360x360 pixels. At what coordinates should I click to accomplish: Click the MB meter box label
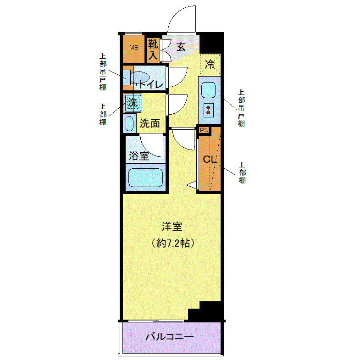(x=134, y=48)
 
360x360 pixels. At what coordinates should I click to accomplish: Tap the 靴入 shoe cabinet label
(x=153, y=49)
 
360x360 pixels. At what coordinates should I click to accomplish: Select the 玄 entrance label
(x=181, y=47)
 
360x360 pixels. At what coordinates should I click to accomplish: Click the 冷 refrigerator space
(x=210, y=64)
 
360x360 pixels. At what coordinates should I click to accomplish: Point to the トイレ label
(x=150, y=84)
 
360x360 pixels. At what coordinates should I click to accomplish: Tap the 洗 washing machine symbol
(x=133, y=103)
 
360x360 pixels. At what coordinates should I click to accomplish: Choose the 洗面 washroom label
(x=150, y=123)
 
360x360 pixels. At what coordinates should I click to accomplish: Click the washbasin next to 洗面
(x=129, y=124)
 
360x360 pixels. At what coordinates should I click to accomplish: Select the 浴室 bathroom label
(x=139, y=156)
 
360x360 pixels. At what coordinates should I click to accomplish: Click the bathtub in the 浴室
(x=145, y=177)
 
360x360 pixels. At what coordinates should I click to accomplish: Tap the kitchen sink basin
(x=209, y=90)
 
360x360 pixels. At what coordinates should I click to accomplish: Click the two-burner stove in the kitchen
(x=209, y=110)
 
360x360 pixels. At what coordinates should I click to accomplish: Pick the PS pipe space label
(x=204, y=130)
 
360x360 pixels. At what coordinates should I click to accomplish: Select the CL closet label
(x=210, y=159)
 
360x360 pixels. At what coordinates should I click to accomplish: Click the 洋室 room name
(x=172, y=227)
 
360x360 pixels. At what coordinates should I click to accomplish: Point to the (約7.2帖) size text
(x=173, y=243)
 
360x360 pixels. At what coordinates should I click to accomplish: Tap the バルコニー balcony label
(x=170, y=337)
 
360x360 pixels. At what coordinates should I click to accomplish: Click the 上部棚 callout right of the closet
(x=242, y=172)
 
